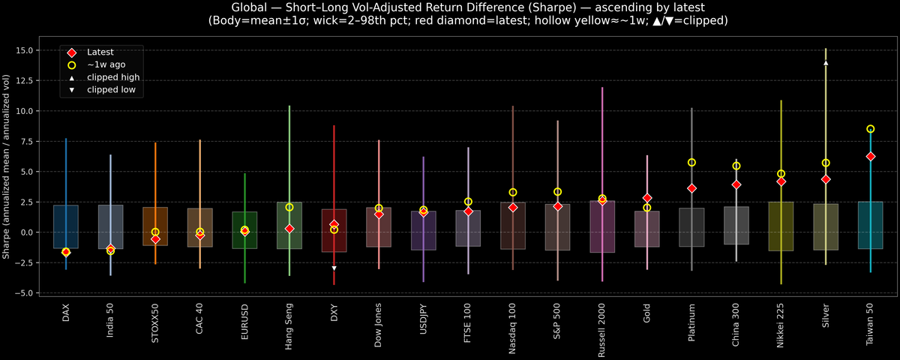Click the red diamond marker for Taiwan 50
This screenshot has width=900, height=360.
point(870,156)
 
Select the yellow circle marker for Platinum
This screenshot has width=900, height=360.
point(691,162)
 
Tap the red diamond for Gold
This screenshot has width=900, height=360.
point(647,198)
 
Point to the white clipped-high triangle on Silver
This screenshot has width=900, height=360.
point(826,63)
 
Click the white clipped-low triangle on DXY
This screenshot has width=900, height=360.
point(334,268)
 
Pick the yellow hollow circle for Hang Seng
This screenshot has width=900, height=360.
point(289,207)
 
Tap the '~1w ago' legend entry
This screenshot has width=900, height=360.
point(105,64)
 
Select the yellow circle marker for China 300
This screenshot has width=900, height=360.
point(736,166)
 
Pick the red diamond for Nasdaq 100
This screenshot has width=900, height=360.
point(513,207)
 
